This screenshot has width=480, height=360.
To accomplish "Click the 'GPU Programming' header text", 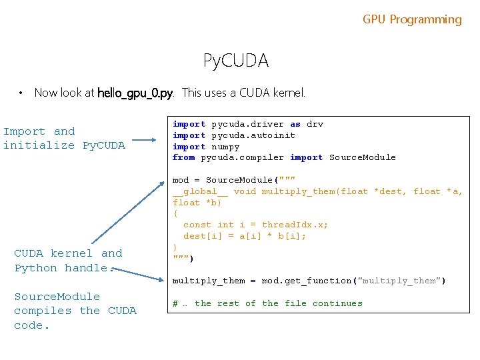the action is tap(412, 19).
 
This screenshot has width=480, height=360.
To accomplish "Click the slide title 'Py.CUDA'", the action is tap(236, 61).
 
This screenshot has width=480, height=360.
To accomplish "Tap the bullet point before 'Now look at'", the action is tap(22, 93).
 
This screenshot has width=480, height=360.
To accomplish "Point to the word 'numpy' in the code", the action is tap(225, 147).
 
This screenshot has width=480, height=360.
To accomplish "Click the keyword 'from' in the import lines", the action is tap(183, 158).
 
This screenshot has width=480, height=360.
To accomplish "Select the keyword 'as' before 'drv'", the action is tap(295, 124).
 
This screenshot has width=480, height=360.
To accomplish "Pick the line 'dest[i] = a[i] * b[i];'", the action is tap(245, 237).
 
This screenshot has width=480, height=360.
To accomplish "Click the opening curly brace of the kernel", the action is tap(175, 214).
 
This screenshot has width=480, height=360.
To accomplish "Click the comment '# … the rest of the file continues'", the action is tap(267, 304).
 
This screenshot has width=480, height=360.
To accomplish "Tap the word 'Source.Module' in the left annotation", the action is tap(57, 297).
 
